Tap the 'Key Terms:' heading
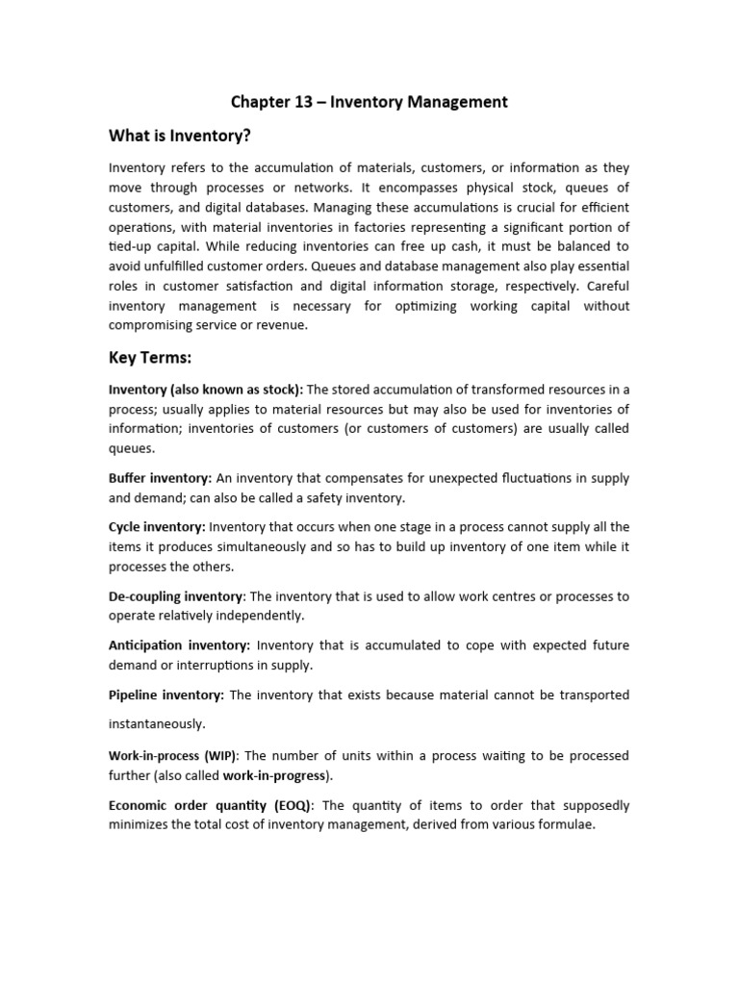[x=151, y=358]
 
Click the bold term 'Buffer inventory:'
[x=161, y=478]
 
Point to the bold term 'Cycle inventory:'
[x=157, y=526]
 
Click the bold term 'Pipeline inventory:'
[x=166, y=694]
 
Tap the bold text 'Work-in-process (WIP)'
[x=172, y=756]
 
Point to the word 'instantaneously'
[x=157, y=723]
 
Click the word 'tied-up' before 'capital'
[x=133, y=245]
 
